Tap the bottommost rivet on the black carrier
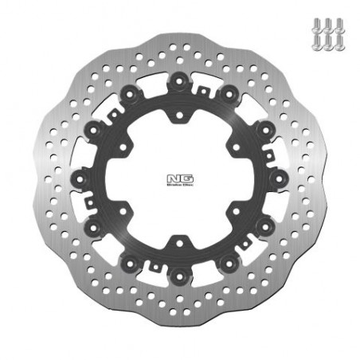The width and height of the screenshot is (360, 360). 179,276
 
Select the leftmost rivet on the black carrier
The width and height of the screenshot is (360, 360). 80,178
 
